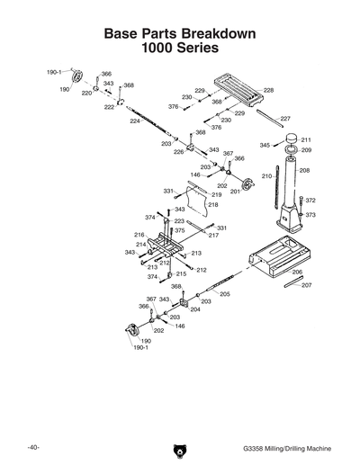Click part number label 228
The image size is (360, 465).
[268, 91]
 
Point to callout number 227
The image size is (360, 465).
[284, 119]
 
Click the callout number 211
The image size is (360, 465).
[306, 140]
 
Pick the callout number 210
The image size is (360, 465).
[266, 176]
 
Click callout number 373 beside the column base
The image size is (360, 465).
[310, 215]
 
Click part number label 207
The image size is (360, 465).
[306, 285]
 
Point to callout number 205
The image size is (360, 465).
[224, 294]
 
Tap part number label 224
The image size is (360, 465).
[135, 121]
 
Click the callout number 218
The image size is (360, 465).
[213, 205]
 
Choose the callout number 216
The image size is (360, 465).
[139, 235]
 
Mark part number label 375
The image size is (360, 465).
[180, 231]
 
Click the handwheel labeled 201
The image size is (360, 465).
[238, 179]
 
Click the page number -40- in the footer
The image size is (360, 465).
[32, 446]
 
